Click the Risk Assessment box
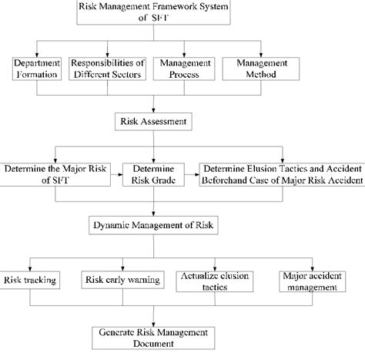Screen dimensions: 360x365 (155, 121)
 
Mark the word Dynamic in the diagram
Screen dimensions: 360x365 (114, 225)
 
